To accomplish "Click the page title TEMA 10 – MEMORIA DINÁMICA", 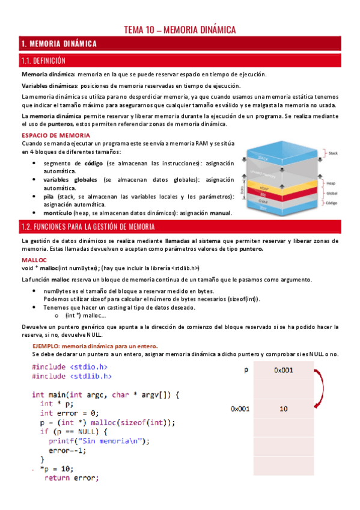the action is (x=180, y=29).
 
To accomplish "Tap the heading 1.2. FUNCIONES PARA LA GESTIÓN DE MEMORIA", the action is (x=88, y=227).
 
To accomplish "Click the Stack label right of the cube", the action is (x=333, y=153).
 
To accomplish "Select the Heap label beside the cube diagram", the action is (x=331, y=182).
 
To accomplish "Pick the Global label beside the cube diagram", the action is (x=332, y=194).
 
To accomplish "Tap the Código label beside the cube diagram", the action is (x=333, y=203).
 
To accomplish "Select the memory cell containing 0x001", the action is (x=283, y=370).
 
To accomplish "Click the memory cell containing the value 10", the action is (x=283, y=409).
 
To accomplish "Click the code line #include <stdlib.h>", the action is (x=72, y=376).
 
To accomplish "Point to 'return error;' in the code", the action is (x=71, y=479).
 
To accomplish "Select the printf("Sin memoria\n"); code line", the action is (x=98, y=440).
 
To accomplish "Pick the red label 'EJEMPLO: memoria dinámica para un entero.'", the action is (x=95, y=346).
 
